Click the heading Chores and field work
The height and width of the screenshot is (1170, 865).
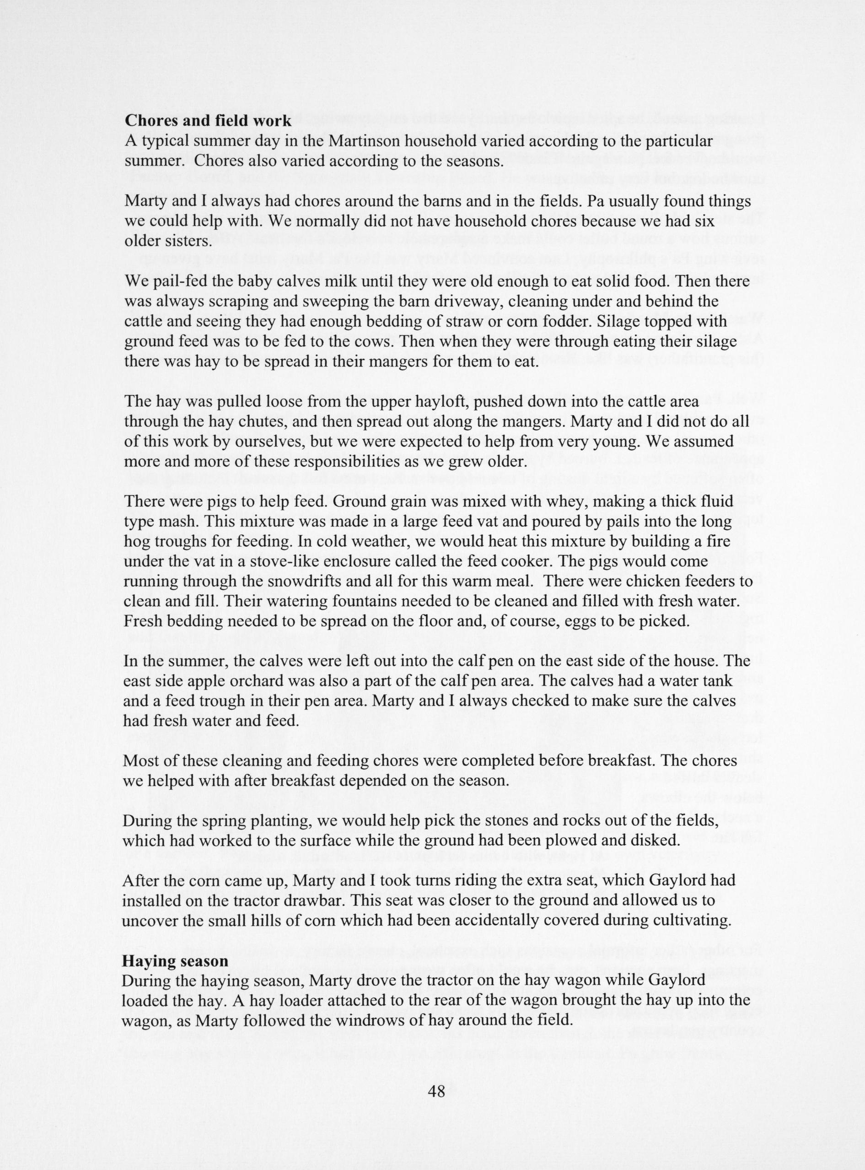tap(208, 121)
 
